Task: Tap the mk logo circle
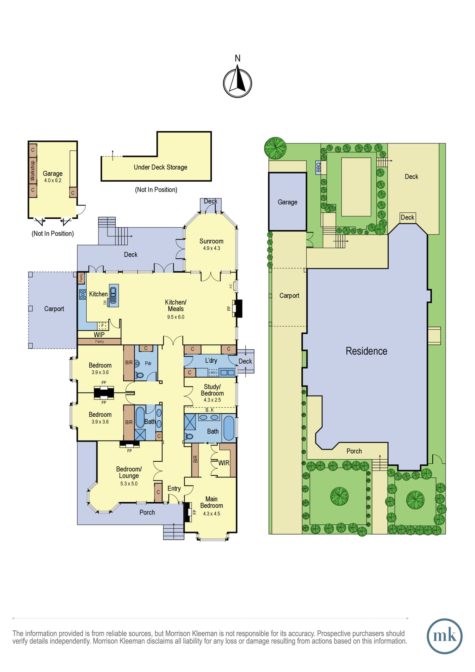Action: [x=444, y=636]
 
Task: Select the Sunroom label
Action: [x=211, y=241]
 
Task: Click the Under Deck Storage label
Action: [x=161, y=167]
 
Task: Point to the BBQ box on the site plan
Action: [x=318, y=167]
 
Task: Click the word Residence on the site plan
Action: [x=366, y=351]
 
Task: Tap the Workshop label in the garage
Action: [x=33, y=171]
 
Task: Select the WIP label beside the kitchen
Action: [x=99, y=335]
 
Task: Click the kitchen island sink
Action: [x=114, y=295]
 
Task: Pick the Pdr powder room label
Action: [x=148, y=363]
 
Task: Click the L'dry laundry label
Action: [x=211, y=361]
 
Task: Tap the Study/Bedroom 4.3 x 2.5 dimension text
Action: [x=212, y=400]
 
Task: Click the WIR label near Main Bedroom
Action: [x=224, y=463]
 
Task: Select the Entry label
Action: [x=174, y=489]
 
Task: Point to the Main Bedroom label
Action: [x=212, y=502]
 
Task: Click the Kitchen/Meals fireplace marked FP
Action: [x=238, y=308]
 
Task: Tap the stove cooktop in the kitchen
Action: [x=83, y=294]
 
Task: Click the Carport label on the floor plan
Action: [x=54, y=309]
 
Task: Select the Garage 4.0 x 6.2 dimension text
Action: [x=53, y=180]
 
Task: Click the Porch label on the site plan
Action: [x=354, y=451]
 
